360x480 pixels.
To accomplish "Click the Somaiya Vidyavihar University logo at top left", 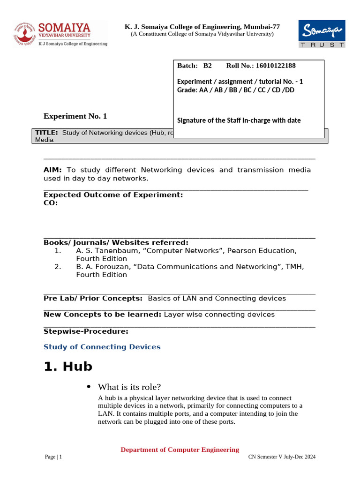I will [x=60, y=33].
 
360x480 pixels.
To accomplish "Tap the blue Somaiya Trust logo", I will [x=322, y=33].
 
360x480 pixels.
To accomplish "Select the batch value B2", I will [x=207, y=66].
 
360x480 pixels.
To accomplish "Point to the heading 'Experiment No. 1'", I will [x=75, y=116].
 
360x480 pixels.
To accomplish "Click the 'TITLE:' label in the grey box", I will [x=46, y=133].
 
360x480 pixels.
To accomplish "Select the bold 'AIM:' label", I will [x=53, y=170].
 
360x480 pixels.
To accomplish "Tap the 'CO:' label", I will [x=51, y=203].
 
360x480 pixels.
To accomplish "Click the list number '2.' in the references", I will [x=58, y=267].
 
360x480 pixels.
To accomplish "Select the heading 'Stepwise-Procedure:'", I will [x=86, y=331].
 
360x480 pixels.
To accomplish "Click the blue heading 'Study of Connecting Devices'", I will [x=102, y=347].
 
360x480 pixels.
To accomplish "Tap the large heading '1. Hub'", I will [x=68, y=366].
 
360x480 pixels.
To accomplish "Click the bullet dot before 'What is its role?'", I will [x=89, y=387].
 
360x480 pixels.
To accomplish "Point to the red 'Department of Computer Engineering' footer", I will [x=180, y=450].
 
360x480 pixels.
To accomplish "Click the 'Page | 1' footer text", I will [x=53, y=457].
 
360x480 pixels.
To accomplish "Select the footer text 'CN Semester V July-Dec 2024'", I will [x=282, y=457].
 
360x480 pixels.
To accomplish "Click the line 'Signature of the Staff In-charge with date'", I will [x=239, y=120].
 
